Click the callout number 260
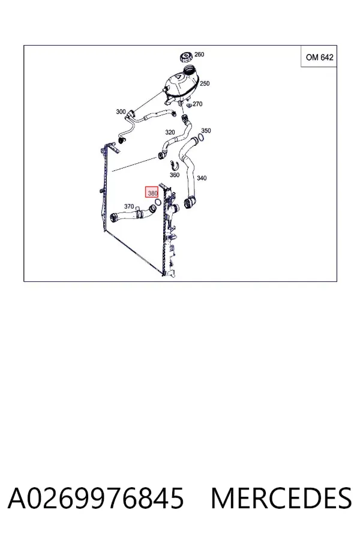[199, 55]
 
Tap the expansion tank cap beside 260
[187, 57]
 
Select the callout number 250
[205, 83]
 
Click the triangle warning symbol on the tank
[178, 77]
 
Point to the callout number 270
[197, 104]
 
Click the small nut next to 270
[189, 104]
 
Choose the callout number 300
[121, 112]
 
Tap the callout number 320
[170, 132]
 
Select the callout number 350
[206, 131]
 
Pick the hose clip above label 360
[175, 166]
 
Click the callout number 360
[175, 175]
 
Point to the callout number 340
[202, 178]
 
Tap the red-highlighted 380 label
[152, 193]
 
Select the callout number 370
[129, 206]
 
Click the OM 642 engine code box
[319, 56]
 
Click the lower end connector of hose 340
[188, 203]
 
